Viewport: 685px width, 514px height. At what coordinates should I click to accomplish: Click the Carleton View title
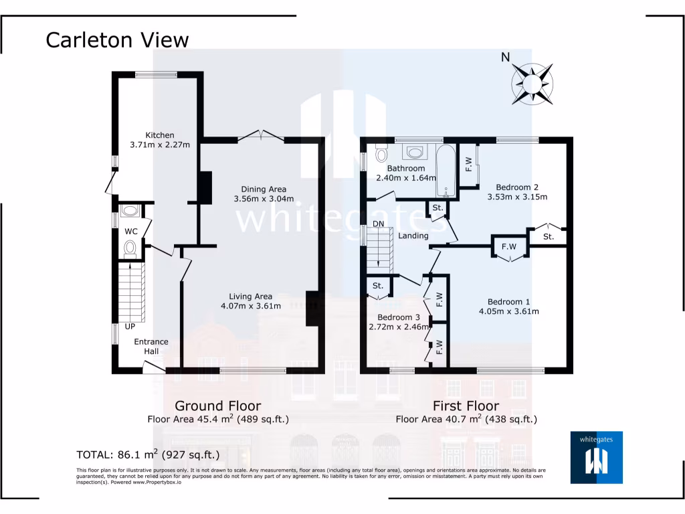(117, 40)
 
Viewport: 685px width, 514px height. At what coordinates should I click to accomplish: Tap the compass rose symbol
(532, 84)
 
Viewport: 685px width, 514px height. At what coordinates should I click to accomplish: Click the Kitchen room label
(160, 135)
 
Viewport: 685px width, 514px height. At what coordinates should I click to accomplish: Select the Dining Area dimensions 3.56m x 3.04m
(264, 199)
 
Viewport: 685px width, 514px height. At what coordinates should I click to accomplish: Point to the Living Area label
(251, 296)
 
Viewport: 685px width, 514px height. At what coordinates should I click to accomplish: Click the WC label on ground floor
(131, 232)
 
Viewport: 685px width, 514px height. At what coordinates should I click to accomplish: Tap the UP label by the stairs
(130, 327)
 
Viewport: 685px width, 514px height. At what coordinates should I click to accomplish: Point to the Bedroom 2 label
(517, 187)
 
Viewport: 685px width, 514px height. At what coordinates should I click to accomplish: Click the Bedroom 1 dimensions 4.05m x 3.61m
(509, 311)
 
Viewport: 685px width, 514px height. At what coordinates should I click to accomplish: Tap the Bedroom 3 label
(399, 317)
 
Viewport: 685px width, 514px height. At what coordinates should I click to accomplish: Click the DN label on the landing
(379, 224)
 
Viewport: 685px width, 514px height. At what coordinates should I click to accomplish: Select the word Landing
(413, 236)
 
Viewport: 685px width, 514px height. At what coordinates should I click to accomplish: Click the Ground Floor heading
(217, 406)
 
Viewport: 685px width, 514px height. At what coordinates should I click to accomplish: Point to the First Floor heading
(466, 406)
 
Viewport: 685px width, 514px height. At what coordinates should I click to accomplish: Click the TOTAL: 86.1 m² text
(148, 454)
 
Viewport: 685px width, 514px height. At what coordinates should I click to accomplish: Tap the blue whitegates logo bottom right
(596, 457)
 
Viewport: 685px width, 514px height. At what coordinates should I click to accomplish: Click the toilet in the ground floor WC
(130, 250)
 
